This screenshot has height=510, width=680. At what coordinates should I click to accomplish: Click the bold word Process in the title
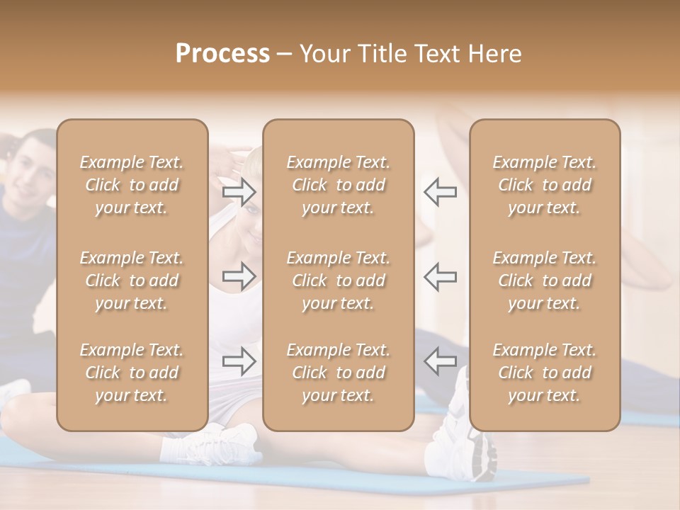click(x=222, y=54)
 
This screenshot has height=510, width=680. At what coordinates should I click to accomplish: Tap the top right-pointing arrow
click(x=239, y=192)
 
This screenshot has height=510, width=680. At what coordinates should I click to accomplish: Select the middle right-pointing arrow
click(x=239, y=276)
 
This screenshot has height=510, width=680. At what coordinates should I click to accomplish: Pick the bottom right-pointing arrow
click(x=239, y=361)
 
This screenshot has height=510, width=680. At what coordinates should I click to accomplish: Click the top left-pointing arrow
click(x=440, y=192)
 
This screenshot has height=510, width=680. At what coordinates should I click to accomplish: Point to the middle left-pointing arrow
click(x=440, y=276)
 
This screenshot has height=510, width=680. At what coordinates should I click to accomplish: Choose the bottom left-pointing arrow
click(x=440, y=361)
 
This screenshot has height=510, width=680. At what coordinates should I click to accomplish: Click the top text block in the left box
click(x=132, y=185)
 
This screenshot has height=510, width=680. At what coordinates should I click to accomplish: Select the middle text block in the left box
click(x=132, y=280)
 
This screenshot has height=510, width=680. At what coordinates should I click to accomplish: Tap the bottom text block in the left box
click(x=132, y=373)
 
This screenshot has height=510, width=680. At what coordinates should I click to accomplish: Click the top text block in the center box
click(x=339, y=185)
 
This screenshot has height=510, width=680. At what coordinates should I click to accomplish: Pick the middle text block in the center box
click(x=339, y=280)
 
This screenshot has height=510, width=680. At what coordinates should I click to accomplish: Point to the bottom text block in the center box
click(x=339, y=373)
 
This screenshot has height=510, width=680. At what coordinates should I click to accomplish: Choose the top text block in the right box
click(x=545, y=185)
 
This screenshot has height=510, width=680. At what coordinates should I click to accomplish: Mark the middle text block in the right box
click(x=545, y=280)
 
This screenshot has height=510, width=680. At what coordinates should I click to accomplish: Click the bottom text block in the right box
click(x=545, y=373)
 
